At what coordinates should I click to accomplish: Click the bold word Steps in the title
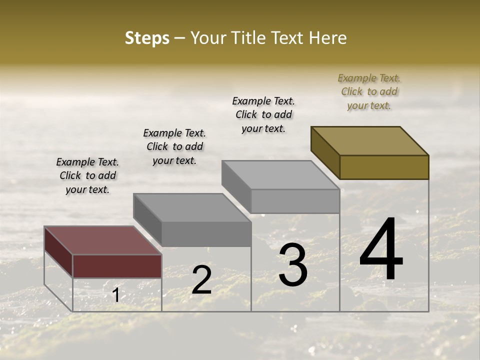point(147,38)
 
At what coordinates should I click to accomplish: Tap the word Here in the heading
point(327,38)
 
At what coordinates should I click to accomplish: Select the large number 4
point(381,251)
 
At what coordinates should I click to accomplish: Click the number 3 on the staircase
point(293,265)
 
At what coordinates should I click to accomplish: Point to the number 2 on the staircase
point(201,280)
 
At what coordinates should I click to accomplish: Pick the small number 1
point(115,295)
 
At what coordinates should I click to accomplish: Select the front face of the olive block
point(384,167)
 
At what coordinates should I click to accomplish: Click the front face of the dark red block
point(117,266)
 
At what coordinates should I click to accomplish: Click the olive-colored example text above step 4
point(369,91)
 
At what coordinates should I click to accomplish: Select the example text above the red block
point(87,175)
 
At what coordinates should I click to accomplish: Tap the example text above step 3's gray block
point(263,114)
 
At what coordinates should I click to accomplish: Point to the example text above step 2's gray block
point(174,146)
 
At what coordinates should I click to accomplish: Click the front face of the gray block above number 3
point(295,201)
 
